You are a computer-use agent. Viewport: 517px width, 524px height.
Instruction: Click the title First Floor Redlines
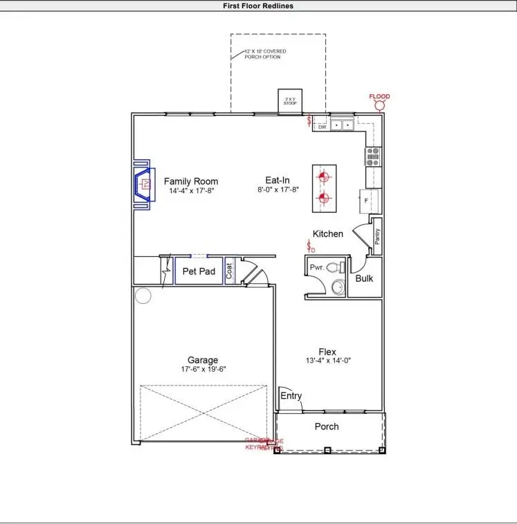point(258,6)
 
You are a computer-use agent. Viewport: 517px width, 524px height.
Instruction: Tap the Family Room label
point(191,181)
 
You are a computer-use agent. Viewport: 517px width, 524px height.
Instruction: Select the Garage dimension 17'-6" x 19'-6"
point(203,370)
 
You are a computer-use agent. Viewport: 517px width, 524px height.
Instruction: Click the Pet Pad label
point(199,271)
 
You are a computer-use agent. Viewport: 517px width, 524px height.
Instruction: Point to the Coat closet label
point(230,271)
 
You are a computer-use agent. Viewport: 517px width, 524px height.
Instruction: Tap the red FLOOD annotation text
point(379,97)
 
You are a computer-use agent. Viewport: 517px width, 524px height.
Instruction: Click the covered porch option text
point(265,54)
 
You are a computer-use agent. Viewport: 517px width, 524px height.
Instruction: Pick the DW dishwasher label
point(322,127)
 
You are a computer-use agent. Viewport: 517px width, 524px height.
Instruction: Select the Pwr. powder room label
point(317,266)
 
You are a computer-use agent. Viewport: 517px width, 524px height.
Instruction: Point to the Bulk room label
point(364,278)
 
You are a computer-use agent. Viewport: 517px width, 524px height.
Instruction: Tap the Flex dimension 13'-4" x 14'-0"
point(327,361)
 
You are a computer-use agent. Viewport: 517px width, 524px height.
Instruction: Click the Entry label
point(291,396)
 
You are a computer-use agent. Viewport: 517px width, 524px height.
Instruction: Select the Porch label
point(327,426)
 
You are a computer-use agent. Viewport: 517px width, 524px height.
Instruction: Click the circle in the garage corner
point(143,296)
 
